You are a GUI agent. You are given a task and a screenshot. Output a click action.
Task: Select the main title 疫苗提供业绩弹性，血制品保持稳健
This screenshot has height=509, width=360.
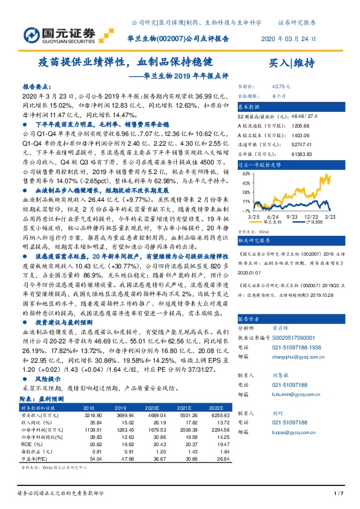[x=125, y=62]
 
